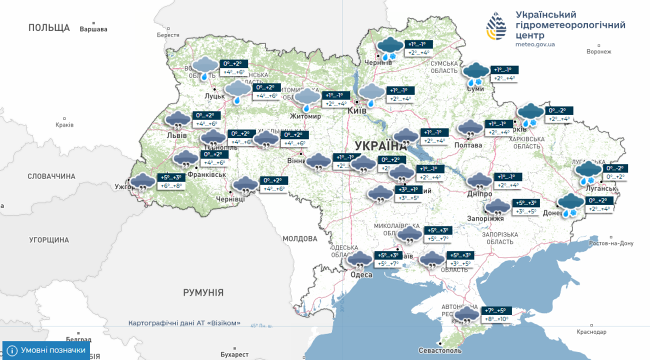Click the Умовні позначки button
click(46, 350)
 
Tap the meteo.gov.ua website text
click(534, 44)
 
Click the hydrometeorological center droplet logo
click(496, 26)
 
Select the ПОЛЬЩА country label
click(48, 28)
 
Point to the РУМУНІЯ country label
click(203, 293)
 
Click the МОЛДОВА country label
click(300, 238)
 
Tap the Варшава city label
click(93, 29)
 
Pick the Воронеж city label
click(599, 51)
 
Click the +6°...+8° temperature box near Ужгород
click(171, 186)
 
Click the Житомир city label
click(305, 116)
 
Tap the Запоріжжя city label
click(485, 218)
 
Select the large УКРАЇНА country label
click(380, 146)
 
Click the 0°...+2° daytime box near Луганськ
click(616, 176)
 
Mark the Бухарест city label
click(234, 354)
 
